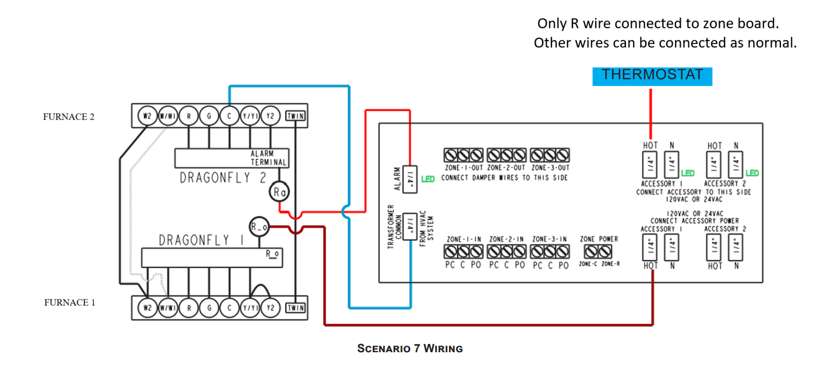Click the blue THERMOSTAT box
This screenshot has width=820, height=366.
652,75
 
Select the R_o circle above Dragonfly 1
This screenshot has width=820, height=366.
258,226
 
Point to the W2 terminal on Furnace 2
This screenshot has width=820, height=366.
147,116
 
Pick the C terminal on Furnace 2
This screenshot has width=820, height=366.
229,116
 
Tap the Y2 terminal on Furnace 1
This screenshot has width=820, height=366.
270,308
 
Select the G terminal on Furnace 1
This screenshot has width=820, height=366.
209,308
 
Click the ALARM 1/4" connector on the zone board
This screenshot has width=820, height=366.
410,178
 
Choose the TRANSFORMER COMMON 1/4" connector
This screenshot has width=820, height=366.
410,226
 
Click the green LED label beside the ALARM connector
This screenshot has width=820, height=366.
428,179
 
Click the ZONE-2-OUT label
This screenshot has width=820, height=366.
507,168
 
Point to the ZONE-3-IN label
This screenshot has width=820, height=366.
550,239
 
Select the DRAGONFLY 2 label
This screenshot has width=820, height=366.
223,178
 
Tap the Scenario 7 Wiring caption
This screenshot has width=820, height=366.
410,348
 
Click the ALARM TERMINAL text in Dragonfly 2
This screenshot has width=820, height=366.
269,158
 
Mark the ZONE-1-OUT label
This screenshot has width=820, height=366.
463,168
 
